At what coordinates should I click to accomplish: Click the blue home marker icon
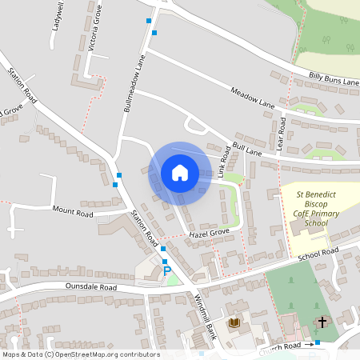[x=179, y=172]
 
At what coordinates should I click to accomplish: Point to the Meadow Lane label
[x=252, y=98]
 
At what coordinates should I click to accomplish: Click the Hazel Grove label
[x=209, y=232]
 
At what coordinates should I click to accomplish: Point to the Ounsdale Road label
[x=90, y=287]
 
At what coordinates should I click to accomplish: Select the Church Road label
[x=280, y=345]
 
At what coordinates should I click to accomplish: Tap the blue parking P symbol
[x=167, y=272]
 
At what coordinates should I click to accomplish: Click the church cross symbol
[x=322, y=322]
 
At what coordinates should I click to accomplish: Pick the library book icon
[x=234, y=323]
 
